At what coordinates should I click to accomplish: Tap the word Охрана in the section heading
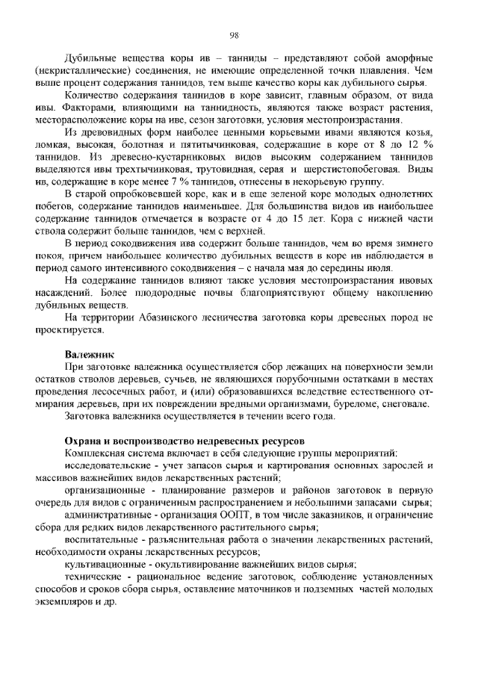[x=84, y=441]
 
